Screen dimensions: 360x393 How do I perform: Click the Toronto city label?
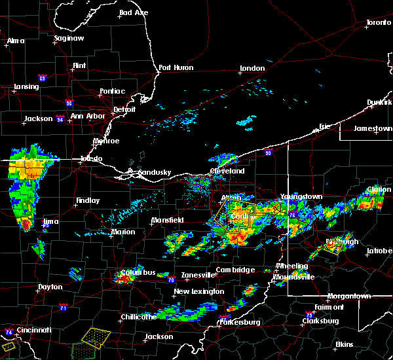(x=378, y=23)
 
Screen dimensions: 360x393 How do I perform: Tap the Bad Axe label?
(x=134, y=12)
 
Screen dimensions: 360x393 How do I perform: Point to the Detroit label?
(x=124, y=109)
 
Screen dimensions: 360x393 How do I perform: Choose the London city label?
(x=252, y=68)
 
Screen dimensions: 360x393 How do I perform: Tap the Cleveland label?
(x=227, y=171)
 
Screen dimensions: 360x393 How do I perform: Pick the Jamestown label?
(x=372, y=128)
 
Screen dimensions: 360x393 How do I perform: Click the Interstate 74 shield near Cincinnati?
(x=9, y=333)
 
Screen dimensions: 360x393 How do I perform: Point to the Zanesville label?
(x=185, y=275)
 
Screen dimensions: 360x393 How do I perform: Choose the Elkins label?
(x=344, y=344)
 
